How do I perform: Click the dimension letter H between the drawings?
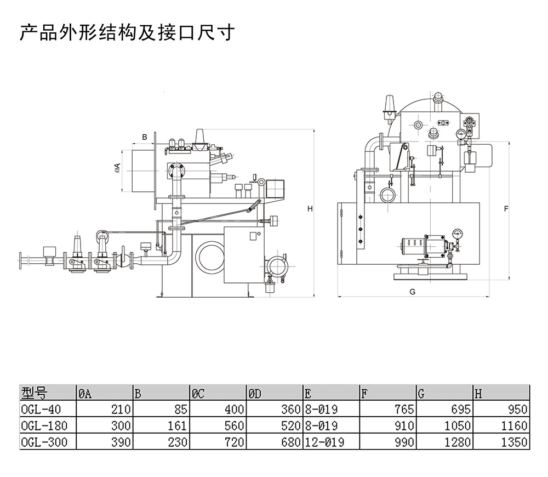click(x=310, y=209)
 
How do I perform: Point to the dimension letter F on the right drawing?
click(x=506, y=209)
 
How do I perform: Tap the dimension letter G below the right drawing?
click(x=412, y=292)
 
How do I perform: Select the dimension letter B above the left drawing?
click(x=145, y=137)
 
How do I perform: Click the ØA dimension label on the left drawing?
click(x=117, y=168)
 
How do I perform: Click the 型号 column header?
click(x=34, y=393)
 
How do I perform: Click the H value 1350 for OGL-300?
click(x=514, y=442)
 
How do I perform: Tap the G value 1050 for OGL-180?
click(x=457, y=425)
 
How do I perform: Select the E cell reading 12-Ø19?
click(x=324, y=442)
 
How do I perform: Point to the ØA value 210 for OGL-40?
click(x=121, y=409)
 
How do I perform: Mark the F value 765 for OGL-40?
click(x=403, y=409)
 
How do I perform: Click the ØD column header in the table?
click(x=255, y=393)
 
